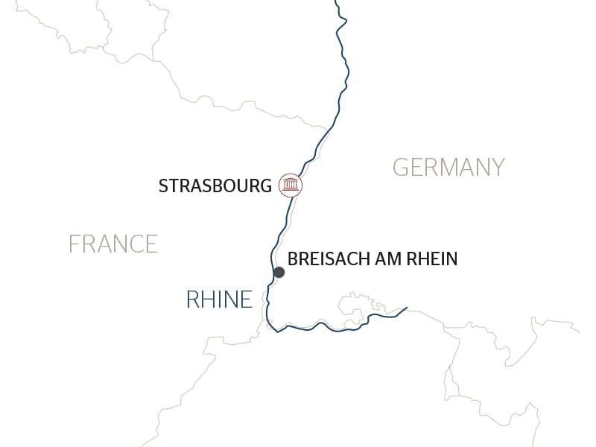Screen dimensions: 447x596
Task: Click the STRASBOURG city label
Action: [215, 186]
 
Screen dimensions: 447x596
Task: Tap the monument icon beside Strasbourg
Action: [291, 185]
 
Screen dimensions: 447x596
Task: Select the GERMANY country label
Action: [448, 167]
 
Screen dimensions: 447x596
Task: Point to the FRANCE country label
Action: [113, 244]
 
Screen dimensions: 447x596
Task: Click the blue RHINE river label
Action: [219, 299]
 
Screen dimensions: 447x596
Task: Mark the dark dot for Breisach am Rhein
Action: [279, 273]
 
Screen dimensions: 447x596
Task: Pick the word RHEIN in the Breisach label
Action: [431, 259]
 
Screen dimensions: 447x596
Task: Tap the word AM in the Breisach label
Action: [386, 259]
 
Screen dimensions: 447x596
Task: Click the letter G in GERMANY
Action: [399, 167]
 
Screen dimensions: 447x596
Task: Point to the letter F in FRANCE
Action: [74, 244]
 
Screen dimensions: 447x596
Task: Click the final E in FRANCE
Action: [152, 244]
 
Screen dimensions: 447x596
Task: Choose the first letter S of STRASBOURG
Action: [163, 186]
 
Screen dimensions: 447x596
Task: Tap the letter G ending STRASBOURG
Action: [266, 186]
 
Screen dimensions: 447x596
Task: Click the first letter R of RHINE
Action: [192, 299]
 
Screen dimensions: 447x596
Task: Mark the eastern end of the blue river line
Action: [406, 307]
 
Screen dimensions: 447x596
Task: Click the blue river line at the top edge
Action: [337, 2]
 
